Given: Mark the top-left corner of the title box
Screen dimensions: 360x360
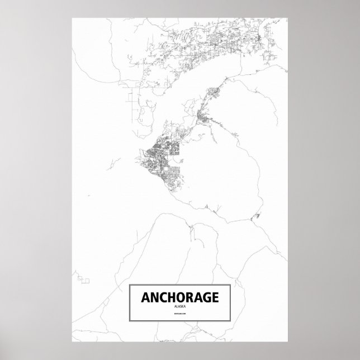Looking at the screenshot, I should click(130, 285).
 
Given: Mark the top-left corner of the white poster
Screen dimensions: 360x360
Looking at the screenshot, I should click(73, 17).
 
